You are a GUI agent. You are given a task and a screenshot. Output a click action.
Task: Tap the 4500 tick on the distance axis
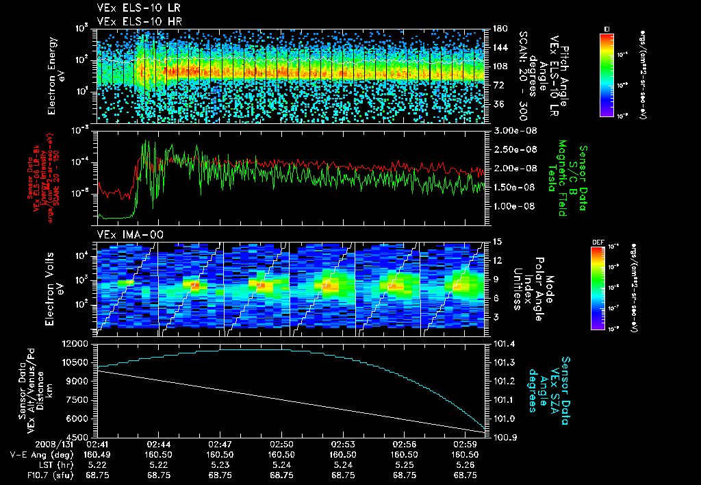point(79,437)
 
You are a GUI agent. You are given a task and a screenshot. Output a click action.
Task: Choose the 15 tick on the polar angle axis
point(497,241)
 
